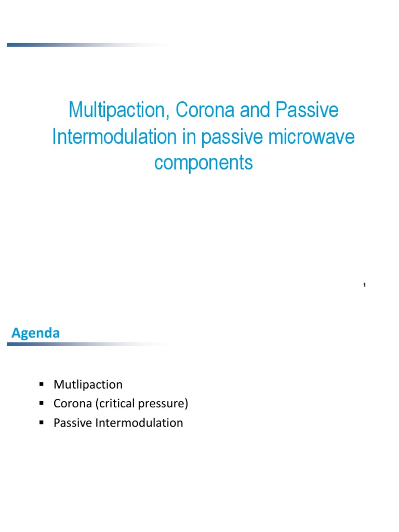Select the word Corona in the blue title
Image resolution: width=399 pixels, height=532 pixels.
(205, 110)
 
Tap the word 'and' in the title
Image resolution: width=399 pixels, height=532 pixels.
(255, 110)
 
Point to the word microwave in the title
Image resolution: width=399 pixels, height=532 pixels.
(311, 137)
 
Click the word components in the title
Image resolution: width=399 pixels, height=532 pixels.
(204, 163)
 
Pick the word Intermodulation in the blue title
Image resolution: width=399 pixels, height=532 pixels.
(114, 137)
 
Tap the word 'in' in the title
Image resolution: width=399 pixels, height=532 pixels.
(189, 137)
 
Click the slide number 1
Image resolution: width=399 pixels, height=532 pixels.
(364, 285)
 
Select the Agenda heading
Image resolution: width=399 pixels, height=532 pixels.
(36, 333)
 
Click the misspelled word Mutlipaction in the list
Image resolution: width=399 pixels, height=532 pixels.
(88, 384)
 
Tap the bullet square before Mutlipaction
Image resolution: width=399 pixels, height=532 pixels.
(42, 384)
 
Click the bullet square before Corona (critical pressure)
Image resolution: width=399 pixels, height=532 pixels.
(42, 403)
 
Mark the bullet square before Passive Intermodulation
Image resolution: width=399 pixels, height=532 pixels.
(42, 422)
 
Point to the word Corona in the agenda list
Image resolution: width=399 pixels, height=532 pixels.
(73, 403)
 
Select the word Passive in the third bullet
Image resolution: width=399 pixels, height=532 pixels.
(73, 423)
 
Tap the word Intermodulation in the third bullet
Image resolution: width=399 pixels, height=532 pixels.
(139, 423)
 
